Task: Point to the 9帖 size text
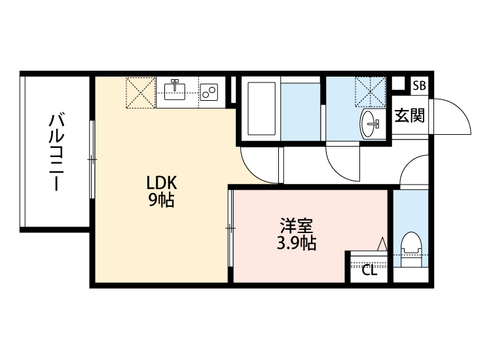pos(160,200)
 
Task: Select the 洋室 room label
pos(296,226)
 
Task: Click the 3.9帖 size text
pos(296,244)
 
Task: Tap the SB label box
pos(419,85)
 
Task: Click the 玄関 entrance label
pos(410,117)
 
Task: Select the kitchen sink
pos(175,90)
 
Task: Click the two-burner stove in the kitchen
pos(209,93)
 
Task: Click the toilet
pos(410,249)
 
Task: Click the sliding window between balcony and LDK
pos(92,159)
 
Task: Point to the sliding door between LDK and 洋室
pos(230,228)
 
